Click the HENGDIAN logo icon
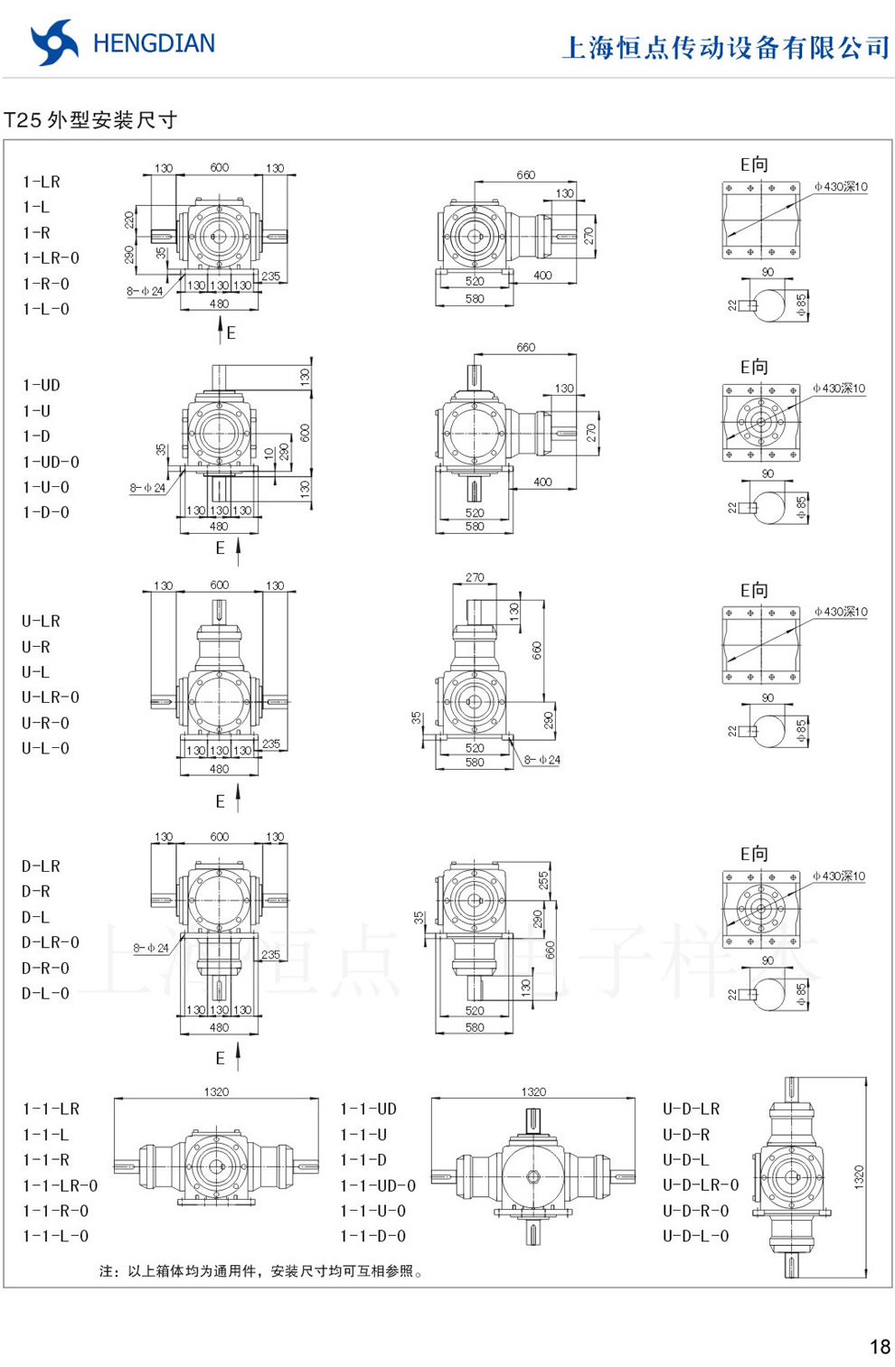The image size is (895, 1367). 53,42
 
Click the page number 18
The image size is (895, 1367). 879,1347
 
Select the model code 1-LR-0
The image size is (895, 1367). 51,258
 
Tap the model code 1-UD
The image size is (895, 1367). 42,386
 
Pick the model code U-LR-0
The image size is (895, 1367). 51,698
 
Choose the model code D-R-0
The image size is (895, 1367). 45,968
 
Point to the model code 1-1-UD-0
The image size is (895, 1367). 378,1185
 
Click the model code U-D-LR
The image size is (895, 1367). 692,1109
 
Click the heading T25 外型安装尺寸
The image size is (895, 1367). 90,120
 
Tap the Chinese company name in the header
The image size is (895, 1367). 726,47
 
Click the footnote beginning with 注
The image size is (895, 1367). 261,1271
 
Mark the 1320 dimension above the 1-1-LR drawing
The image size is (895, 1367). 216,1091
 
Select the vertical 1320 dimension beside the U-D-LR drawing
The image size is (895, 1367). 858,1175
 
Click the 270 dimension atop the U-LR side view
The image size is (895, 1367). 475,577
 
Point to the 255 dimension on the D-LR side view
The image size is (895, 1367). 543,879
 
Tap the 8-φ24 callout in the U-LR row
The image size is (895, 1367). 542,760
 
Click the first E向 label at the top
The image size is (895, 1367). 754,164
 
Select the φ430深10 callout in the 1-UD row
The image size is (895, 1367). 839,389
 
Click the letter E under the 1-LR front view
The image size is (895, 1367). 231,333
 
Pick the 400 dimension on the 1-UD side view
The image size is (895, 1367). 542,482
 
